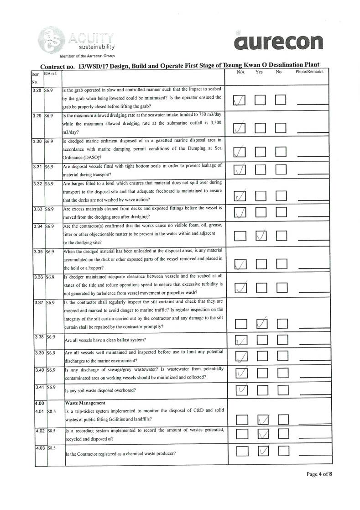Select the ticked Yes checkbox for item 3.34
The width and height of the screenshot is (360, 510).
tap(261, 236)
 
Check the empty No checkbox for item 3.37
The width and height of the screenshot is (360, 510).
tap(282, 324)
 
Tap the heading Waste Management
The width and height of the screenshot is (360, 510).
tap(85, 403)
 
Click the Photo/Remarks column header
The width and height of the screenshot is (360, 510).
tap(309, 72)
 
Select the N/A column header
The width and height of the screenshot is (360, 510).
tap(241, 72)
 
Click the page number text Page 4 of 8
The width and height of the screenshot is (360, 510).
tap(319, 474)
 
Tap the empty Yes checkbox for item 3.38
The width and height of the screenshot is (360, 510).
tap(261, 340)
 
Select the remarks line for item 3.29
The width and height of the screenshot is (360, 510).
tap(313, 131)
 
